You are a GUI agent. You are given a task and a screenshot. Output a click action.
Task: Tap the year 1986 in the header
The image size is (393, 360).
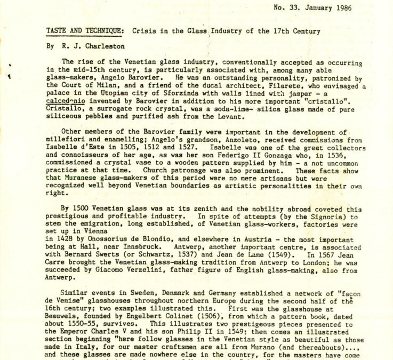[x=354, y=8]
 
